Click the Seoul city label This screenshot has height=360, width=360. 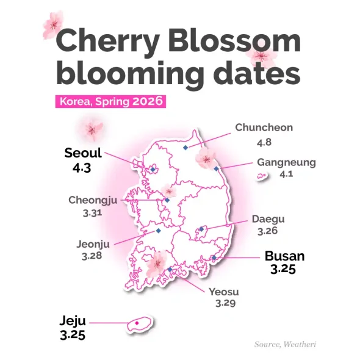coord(83,153)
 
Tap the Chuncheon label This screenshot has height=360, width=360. coord(264,128)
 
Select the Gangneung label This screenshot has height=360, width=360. coord(286,162)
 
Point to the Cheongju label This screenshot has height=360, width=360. coord(93,200)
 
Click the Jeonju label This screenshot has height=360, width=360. coord(93,244)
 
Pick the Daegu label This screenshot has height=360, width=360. coord(268,219)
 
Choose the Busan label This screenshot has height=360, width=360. coord(284,256)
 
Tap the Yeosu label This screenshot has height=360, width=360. coord(223,291)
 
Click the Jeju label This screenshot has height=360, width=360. coord(73,321)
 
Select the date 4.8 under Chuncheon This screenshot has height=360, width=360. coord(264,142)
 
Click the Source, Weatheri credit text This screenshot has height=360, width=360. coord(286,345)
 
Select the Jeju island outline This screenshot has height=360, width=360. coord(140,323)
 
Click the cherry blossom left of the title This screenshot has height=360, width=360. coord(54,24)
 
